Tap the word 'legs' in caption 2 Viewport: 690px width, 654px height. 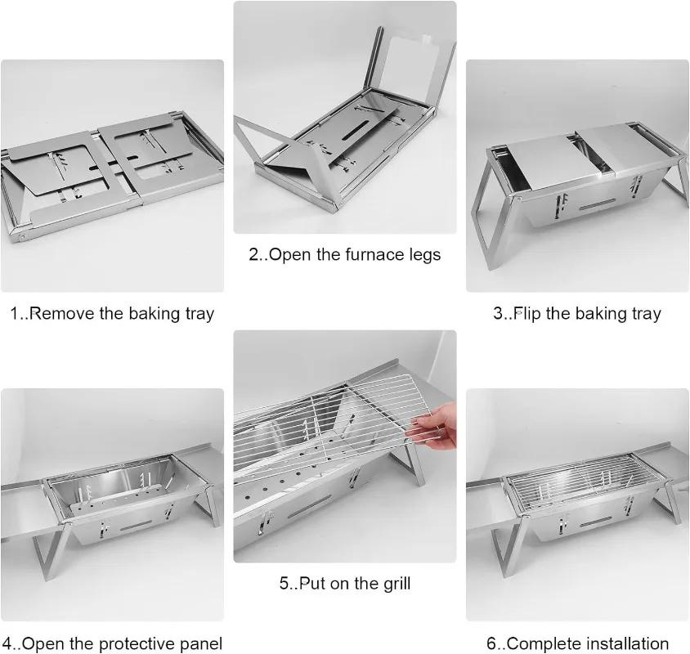pos(422,254)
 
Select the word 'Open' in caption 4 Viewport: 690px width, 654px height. pos(40,644)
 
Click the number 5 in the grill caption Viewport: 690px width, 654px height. pos(285,583)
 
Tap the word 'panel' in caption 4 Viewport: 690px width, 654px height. pos(197,644)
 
